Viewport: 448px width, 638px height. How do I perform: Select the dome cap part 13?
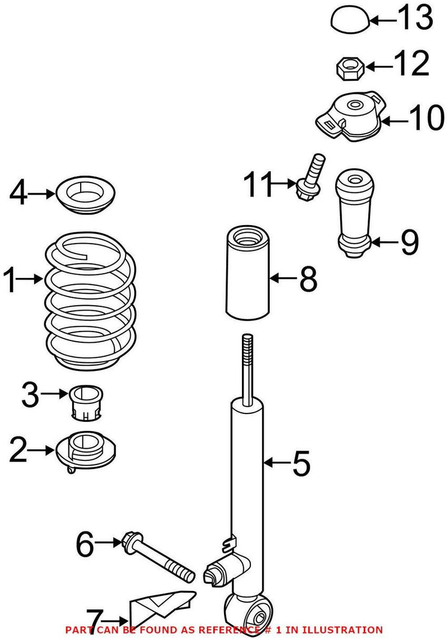point(350,21)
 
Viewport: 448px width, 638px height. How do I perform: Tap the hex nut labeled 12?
point(351,68)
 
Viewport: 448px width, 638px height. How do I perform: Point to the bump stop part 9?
point(353,216)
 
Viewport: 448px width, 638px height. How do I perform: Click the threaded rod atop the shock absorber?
point(246,364)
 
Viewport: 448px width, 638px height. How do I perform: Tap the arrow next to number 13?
point(384,21)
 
